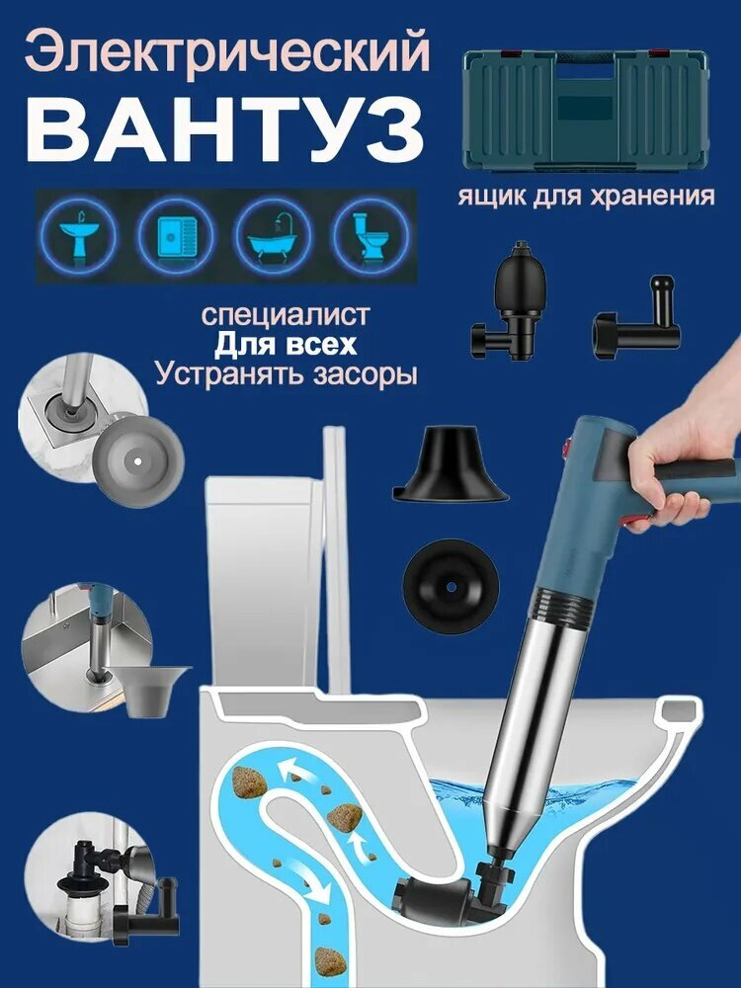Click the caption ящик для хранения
pyautogui.click(x=586, y=196)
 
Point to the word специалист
pyautogui.click(x=286, y=315)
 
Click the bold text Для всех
pyautogui.click(x=286, y=346)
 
